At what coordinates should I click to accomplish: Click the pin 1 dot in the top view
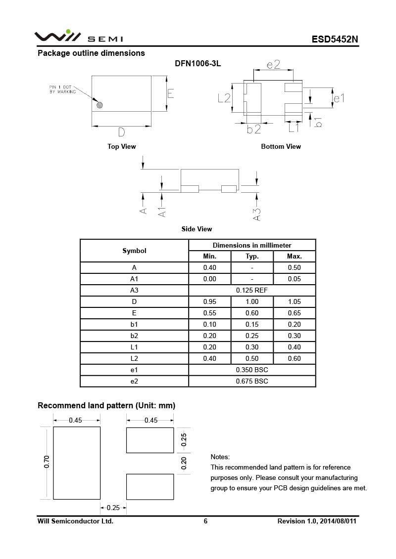tap(99, 105)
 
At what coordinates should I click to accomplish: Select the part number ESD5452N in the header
tap(334, 40)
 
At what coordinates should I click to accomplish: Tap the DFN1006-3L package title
tap(198, 64)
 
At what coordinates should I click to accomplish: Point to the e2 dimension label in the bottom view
tap(273, 65)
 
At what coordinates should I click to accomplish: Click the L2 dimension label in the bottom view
tap(224, 98)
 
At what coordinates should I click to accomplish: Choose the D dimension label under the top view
tap(121, 132)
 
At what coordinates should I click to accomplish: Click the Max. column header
tap(294, 256)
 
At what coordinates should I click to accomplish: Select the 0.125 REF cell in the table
tap(252, 290)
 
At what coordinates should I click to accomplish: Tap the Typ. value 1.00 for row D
tap(252, 301)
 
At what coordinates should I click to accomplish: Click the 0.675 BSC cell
tap(252, 381)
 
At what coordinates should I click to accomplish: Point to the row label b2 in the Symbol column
tap(134, 336)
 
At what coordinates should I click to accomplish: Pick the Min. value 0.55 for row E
tap(210, 313)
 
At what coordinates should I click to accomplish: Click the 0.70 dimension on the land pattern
tap(47, 462)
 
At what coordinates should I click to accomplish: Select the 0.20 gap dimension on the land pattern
tap(184, 463)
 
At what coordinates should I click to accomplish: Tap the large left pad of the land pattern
tap(77, 463)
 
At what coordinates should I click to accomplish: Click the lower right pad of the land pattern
tap(150, 486)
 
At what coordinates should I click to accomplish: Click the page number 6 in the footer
tap(205, 521)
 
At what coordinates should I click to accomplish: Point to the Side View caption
tap(197, 229)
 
